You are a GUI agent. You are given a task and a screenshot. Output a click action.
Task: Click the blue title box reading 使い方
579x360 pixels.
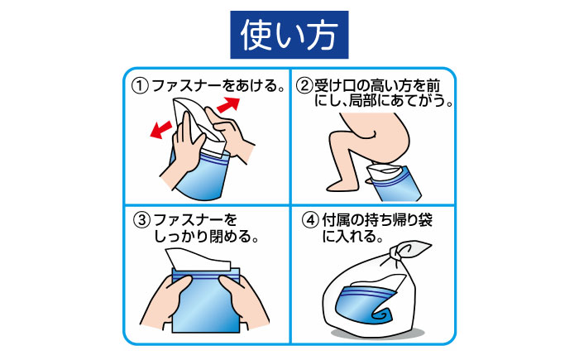coord(289,35)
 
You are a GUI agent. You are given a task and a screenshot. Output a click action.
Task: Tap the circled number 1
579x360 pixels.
coord(141,87)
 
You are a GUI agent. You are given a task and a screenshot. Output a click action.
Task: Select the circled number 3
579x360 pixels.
coord(141,221)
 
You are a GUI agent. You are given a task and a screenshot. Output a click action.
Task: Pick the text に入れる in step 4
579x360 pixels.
coord(352,238)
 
